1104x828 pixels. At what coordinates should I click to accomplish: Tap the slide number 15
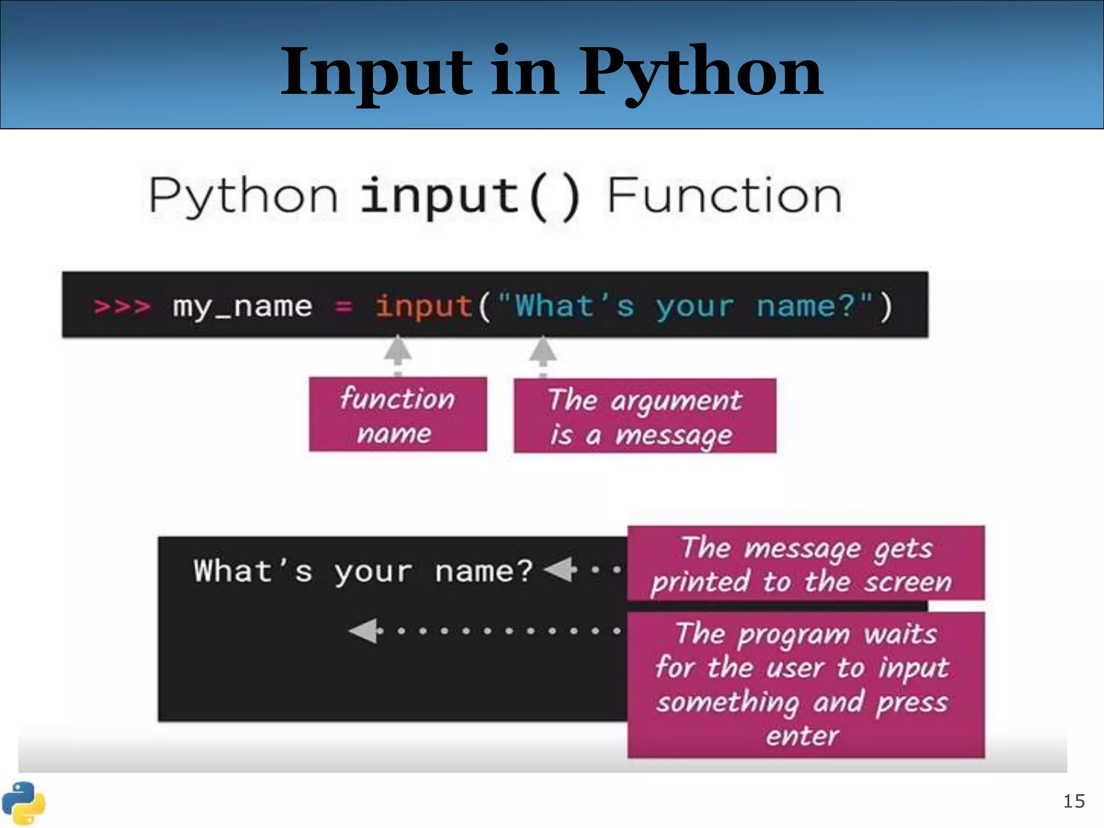click(x=1074, y=801)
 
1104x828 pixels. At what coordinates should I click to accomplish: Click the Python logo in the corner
click(x=23, y=803)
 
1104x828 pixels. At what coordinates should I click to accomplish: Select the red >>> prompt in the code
click(x=122, y=306)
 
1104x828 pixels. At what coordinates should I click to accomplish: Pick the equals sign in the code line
click(x=343, y=306)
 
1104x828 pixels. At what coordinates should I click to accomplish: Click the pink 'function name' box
click(x=398, y=414)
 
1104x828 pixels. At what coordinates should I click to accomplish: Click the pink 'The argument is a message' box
click(x=645, y=416)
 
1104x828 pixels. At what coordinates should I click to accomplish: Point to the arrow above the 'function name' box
click(x=398, y=350)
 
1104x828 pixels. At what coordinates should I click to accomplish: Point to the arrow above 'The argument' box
click(x=542, y=350)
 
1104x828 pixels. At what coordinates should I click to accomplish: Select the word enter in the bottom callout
click(x=803, y=736)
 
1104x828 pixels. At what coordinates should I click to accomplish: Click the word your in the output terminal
click(x=373, y=571)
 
